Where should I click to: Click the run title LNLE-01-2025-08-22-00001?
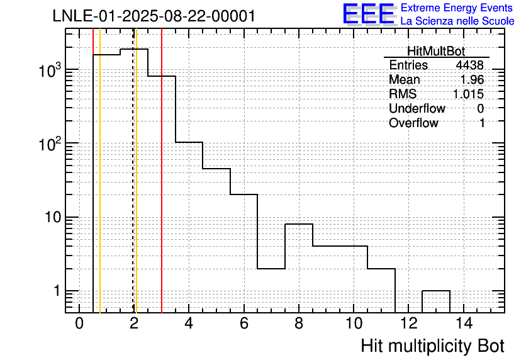pos(154,16)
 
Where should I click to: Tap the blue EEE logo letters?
pos(369,14)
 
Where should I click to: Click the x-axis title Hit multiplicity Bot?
pos(432,346)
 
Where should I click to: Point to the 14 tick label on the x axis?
pos(464,323)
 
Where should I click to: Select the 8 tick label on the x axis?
pos(299,323)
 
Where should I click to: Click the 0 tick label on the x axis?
pos(79,323)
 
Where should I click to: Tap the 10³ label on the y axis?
pos(50,70)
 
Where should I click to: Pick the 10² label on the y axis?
pos(50,143)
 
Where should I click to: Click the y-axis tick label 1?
pos(57,291)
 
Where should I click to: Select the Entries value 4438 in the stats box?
pos(469,65)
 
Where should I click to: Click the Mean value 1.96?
pos(472,79)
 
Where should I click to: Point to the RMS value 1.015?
pos(468,94)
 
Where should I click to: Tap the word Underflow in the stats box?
pos(417,108)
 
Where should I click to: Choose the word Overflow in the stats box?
pos(413,123)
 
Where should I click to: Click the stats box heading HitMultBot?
pos(436,51)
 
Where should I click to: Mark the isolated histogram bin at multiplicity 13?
pos(436,291)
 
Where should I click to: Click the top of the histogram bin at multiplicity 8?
pos(299,224)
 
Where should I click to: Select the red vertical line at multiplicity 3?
pos(162,171)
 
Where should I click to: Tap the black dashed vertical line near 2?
pos(133,171)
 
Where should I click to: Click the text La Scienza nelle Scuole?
pos(457,21)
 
